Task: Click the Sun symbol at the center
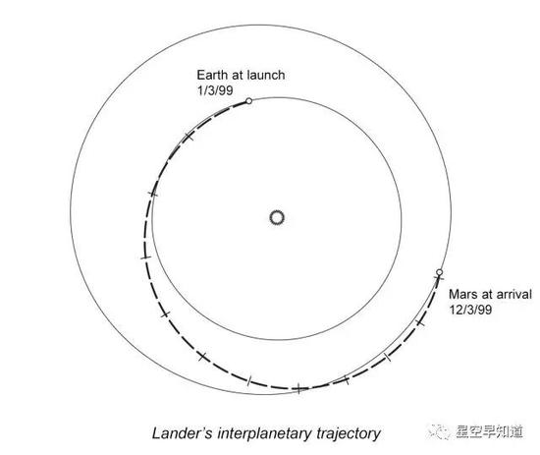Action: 277,218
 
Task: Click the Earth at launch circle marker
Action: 248,100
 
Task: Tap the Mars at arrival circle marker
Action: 439,272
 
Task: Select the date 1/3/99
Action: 215,90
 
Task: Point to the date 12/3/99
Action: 470,310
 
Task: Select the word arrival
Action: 514,294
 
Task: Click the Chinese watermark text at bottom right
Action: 489,431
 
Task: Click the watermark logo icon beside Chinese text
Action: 439,431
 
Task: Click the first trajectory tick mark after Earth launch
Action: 189,137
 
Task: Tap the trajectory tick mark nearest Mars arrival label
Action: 420,322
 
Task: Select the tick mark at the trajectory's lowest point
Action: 298,388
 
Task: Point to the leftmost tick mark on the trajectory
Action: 146,257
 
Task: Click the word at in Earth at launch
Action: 236,75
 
